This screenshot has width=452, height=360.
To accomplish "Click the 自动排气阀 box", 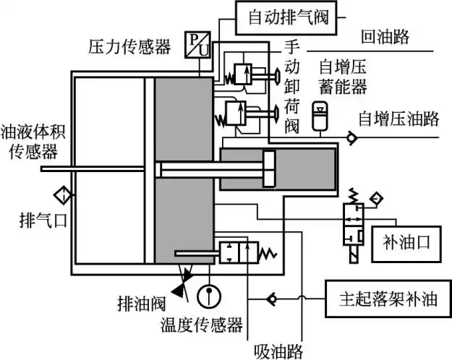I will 288,16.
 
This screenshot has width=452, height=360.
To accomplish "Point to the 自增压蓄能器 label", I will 344,78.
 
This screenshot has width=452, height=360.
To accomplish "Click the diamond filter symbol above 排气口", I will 63,194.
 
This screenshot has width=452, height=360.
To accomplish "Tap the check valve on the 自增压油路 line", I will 351,136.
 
